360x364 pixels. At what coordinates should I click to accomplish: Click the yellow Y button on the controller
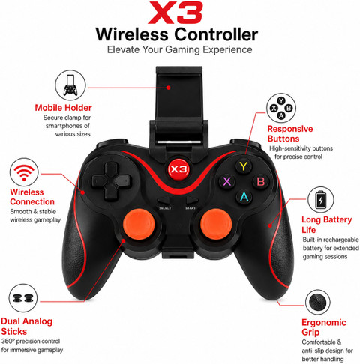click(244, 166)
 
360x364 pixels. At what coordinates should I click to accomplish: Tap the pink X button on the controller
click(227, 181)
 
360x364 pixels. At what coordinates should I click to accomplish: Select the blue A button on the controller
click(244, 197)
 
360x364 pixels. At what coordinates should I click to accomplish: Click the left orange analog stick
click(139, 224)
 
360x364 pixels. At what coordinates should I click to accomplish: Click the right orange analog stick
click(216, 224)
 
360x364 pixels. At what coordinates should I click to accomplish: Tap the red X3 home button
click(178, 169)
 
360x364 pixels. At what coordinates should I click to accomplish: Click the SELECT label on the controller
click(165, 208)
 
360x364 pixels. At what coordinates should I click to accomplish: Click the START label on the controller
click(190, 208)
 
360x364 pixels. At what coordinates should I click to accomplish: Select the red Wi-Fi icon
click(24, 172)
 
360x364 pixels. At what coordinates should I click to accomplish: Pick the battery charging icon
click(321, 200)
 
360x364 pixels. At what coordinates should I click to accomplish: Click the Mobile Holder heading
click(63, 108)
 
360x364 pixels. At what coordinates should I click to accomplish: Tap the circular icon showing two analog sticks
click(23, 298)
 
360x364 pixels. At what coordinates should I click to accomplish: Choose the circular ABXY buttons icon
click(281, 108)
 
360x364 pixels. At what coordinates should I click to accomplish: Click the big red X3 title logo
click(175, 13)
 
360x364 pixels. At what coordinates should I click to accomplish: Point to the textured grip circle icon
click(318, 302)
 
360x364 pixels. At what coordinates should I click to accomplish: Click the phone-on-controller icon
click(70, 85)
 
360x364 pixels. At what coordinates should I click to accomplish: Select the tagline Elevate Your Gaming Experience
click(179, 49)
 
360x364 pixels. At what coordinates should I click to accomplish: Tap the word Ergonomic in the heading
click(324, 322)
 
